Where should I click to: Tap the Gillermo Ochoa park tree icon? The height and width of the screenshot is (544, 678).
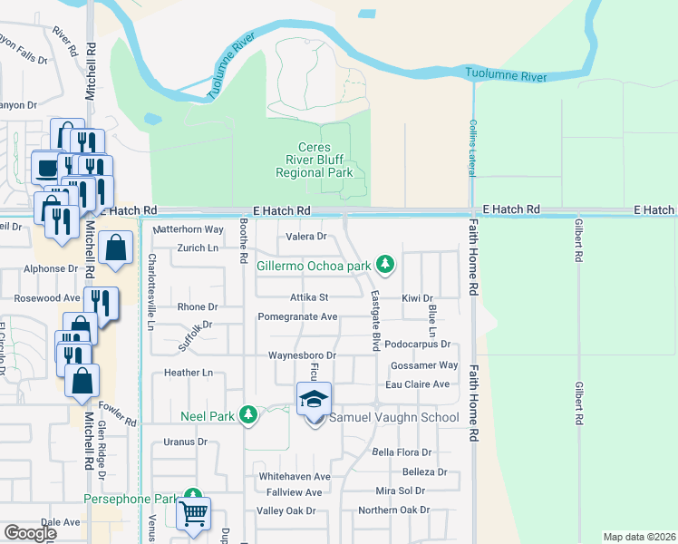click(386, 264)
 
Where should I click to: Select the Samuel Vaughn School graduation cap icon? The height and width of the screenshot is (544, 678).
click(314, 398)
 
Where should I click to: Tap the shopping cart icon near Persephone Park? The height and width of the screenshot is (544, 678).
click(193, 513)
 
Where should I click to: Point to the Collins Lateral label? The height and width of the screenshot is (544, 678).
click(472, 149)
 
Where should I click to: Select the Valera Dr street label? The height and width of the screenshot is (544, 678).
click(306, 237)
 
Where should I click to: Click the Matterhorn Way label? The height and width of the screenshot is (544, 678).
click(188, 230)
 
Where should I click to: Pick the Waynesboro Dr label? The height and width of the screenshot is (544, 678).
click(302, 355)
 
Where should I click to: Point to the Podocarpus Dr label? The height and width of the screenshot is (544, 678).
click(417, 345)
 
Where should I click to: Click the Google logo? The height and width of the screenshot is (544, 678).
click(30, 533)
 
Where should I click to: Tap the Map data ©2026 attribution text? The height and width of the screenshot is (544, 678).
click(639, 537)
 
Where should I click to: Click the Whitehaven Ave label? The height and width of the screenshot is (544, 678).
click(294, 476)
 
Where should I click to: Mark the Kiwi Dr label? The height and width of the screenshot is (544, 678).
click(417, 297)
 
